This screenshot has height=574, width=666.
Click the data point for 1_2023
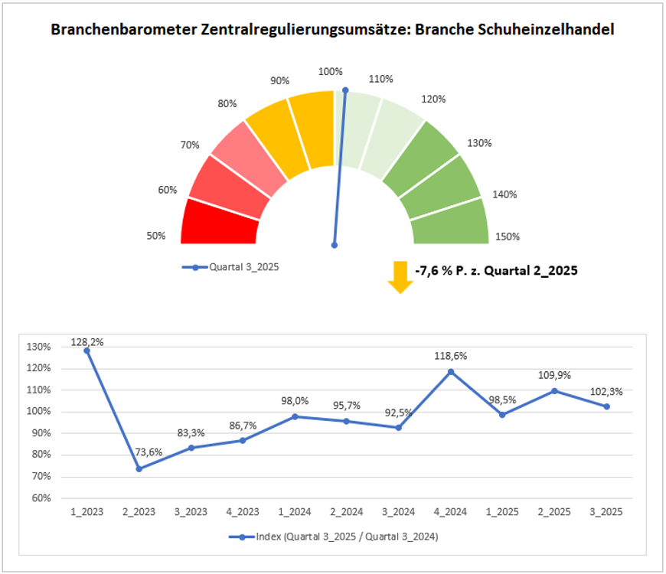point(87,351)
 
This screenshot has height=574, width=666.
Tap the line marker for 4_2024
point(451,372)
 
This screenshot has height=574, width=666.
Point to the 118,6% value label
point(451,356)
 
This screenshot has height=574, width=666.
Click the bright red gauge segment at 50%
point(218,223)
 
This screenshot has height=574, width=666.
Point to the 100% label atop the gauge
point(330,72)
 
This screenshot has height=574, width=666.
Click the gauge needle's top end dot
point(345,90)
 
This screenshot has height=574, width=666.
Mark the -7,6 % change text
point(495,270)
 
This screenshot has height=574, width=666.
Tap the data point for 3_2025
point(607,406)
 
